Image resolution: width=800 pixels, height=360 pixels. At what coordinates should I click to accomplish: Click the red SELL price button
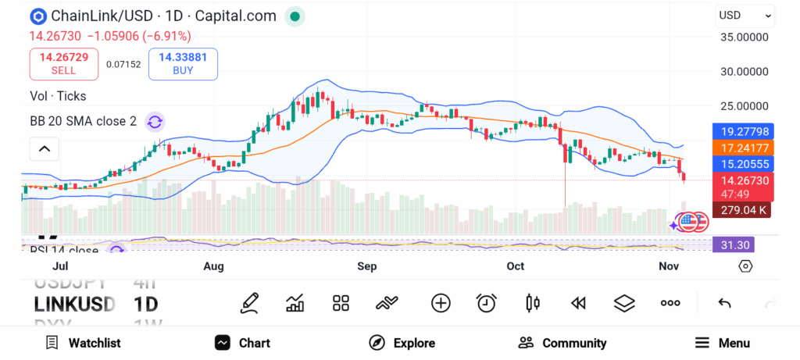coord(63,63)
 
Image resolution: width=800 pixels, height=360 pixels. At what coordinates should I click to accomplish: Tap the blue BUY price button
coord(182,63)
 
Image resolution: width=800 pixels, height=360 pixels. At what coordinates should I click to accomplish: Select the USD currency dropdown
coord(745,15)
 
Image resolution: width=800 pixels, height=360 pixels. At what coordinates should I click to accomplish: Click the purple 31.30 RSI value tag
coord(735,244)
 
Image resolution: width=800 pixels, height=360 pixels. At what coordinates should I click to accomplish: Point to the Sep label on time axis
coord(366,266)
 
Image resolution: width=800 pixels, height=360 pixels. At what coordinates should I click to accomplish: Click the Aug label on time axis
coord(213,266)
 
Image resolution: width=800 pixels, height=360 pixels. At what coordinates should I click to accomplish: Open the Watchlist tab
coord(83,343)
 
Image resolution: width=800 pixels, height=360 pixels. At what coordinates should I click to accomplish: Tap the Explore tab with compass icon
coord(402,343)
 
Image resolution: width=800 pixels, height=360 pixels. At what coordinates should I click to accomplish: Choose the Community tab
coord(562,343)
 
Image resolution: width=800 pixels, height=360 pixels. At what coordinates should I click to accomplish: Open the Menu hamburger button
coord(722,343)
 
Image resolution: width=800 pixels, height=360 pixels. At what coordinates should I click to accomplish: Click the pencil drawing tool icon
coord(249,303)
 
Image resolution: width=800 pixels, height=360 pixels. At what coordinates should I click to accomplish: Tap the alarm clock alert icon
coord(487,303)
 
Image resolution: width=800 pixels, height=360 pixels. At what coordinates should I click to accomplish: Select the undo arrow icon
coord(724,303)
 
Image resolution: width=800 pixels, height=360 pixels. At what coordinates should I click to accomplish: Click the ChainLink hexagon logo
coord(37,16)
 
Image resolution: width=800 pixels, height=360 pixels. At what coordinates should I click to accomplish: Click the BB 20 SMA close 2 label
coord(83,121)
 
